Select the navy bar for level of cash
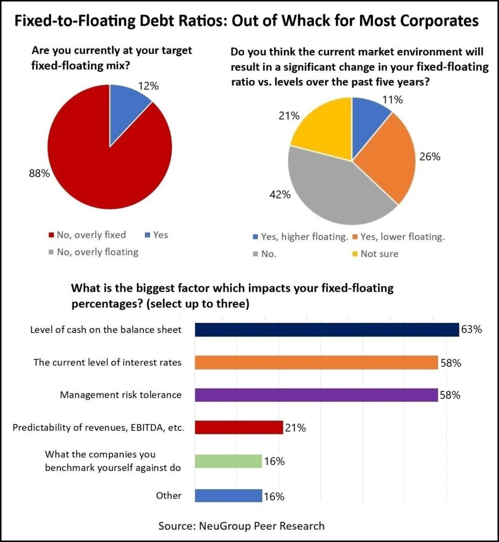[x=327, y=330]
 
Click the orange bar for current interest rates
[x=316, y=363]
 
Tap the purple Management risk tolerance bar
[x=316, y=395]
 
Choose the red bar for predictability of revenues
[x=239, y=428]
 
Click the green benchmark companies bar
[x=228, y=461]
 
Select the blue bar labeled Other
[x=228, y=496]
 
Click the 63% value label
[x=471, y=330]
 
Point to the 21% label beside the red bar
[x=295, y=428]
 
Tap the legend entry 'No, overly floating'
[x=97, y=252]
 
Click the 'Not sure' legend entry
[x=379, y=254]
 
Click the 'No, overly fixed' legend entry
[x=91, y=234]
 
